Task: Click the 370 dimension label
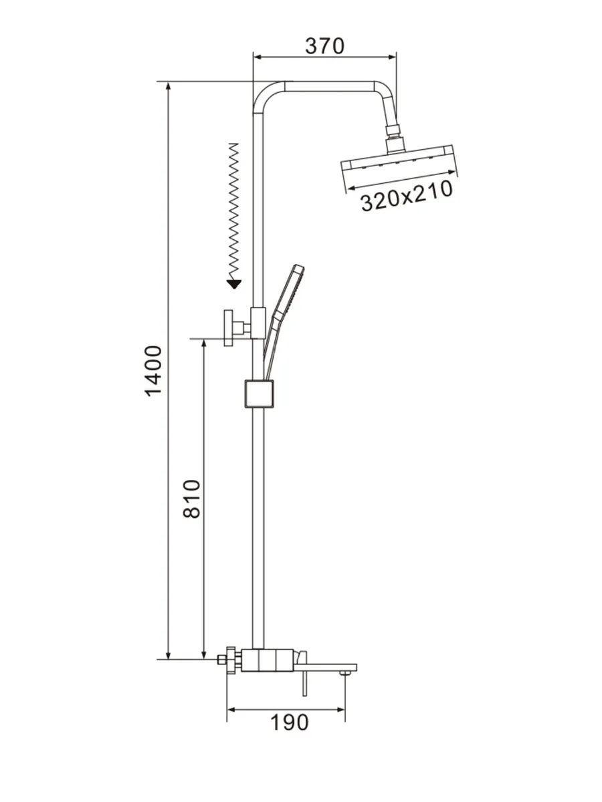[324, 46]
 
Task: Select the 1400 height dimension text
[153, 371]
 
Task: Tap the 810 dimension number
[191, 499]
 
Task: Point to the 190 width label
[289, 722]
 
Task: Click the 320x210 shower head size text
[407, 196]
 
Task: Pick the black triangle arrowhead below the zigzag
[234, 284]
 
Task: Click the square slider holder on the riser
[259, 394]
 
